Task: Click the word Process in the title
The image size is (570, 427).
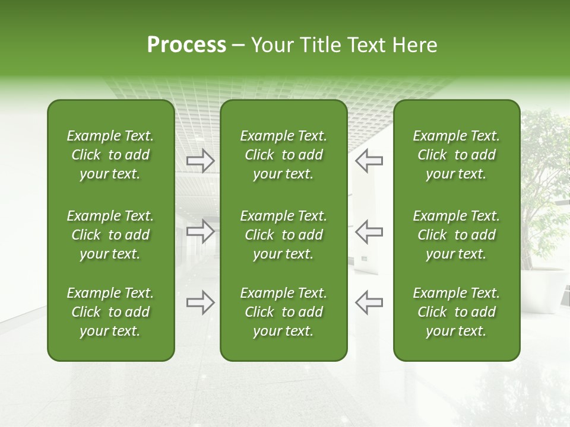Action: click(186, 45)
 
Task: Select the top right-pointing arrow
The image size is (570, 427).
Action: click(201, 160)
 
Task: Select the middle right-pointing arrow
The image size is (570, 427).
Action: click(201, 231)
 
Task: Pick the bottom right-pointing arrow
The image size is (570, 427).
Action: click(201, 302)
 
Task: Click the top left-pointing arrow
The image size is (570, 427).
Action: click(369, 160)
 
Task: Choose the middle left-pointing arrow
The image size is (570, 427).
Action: click(369, 231)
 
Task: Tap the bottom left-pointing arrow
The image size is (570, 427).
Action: click(369, 302)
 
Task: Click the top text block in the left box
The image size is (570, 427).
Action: click(110, 155)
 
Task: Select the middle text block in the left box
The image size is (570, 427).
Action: click(110, 235)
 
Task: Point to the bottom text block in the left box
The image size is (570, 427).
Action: click(110, 312)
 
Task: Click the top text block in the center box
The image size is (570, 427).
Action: click(284, 155)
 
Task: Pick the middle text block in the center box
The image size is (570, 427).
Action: click(284, 235)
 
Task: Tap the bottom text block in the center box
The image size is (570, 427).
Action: click(284, 312)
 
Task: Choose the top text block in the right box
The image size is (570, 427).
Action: click(457, 155)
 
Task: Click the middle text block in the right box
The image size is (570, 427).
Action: click(457, 235)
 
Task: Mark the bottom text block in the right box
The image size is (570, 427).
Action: click(457, 312)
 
